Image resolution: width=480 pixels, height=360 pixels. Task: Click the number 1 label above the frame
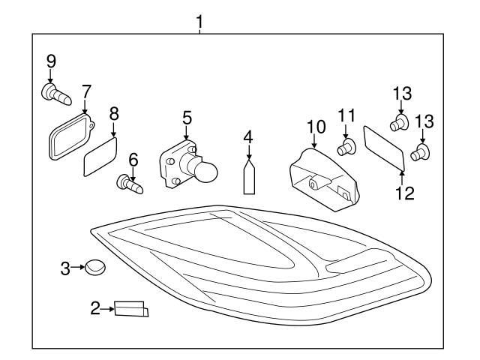[x=199, y=22]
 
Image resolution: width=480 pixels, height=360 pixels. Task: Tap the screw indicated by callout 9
[x=55, y=94]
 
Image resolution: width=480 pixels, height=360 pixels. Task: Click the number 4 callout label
[x=247, y=136]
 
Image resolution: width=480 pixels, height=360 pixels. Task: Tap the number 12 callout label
[x=405, y=193]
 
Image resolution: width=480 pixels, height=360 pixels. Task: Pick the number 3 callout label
[x=65, y=267]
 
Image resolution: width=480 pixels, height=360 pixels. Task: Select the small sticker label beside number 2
[x=130, y=308]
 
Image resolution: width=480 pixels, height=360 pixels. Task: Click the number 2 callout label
[x=95, y=307]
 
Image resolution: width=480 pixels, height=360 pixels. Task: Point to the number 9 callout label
[x=50, y=61]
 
